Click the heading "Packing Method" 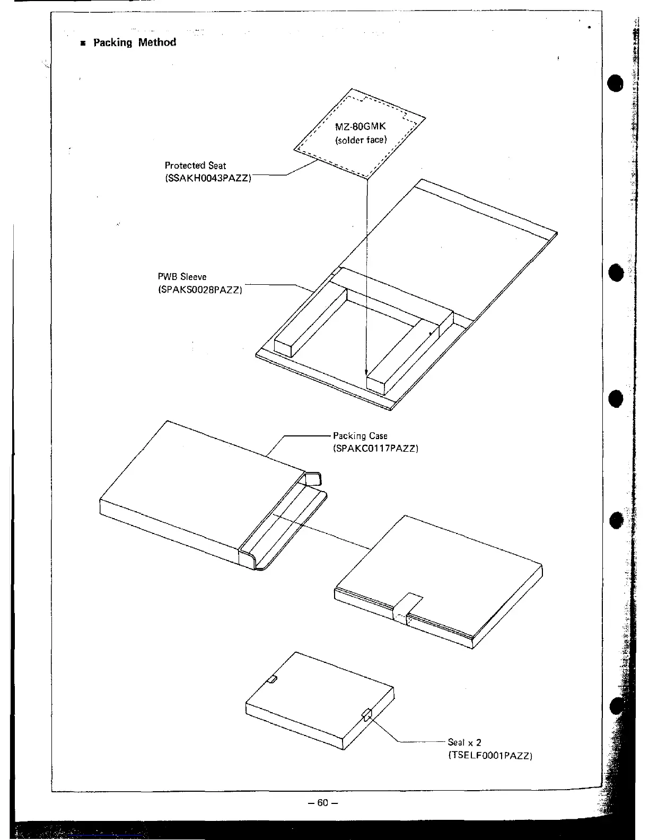[x=135, y=42]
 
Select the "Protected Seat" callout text [x=195, y=165]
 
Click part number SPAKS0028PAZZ [x=200, y=290]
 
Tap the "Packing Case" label [x=360, y=436]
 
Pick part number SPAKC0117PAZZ [x=375, y=449]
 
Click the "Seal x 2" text [x=464, y=742]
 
